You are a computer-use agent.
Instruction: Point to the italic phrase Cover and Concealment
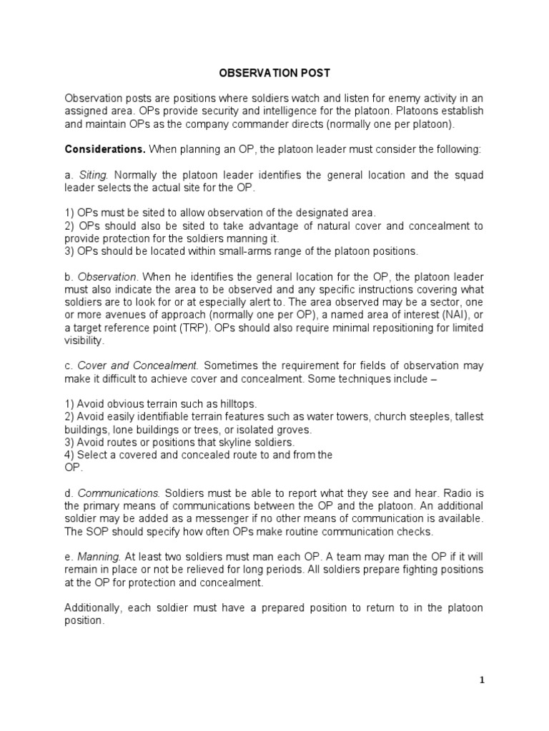121,365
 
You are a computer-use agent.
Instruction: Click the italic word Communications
119,493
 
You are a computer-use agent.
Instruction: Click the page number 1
482,680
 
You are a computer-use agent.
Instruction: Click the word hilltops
231,403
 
